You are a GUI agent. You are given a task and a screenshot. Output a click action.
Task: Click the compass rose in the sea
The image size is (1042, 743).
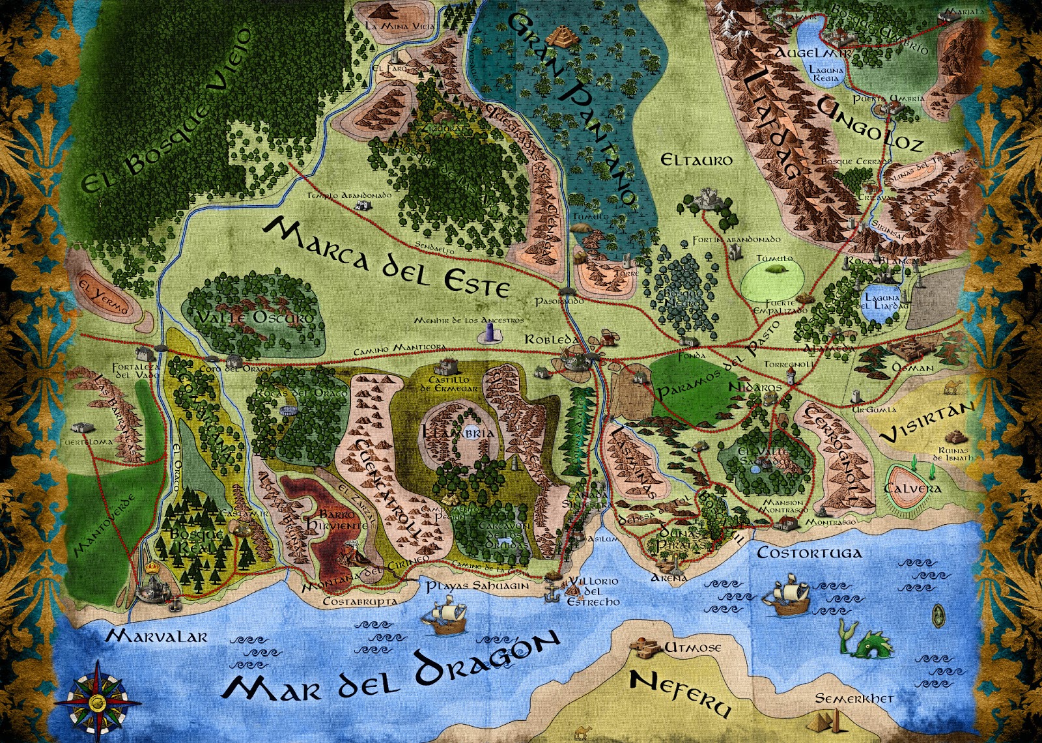98,701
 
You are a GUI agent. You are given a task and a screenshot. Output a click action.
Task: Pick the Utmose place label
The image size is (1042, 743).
692,647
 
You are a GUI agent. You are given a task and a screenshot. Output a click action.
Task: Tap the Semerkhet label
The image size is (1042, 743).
854,698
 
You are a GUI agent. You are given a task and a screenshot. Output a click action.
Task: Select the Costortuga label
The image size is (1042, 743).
809,553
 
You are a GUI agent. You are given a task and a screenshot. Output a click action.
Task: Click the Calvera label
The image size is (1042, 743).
912,488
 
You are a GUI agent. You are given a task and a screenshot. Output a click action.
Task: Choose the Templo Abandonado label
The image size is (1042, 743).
349,195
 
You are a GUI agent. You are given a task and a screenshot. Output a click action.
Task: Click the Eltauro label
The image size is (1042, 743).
696,160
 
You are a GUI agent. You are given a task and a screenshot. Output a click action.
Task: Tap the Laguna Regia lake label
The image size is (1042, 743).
826,73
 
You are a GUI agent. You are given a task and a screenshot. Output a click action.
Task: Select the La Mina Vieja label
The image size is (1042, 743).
400,26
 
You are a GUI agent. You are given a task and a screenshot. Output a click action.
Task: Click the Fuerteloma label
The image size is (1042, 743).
86,442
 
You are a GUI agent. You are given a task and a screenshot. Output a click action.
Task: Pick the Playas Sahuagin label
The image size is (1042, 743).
477,585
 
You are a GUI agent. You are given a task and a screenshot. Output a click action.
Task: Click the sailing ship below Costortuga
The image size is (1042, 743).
789,596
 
